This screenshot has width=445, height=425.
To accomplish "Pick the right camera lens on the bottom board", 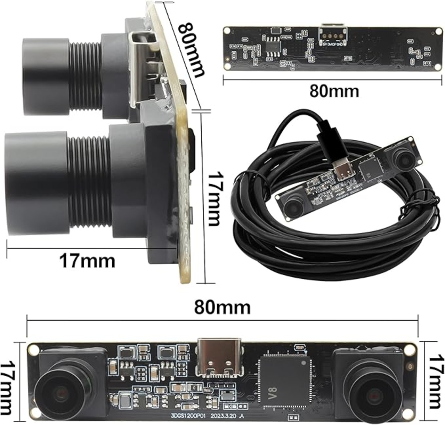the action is pos(370,393).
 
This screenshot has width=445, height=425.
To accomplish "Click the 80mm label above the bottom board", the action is pos(222,307).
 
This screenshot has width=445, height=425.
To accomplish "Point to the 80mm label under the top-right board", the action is pos(334,91).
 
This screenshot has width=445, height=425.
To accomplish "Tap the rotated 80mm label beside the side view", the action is pos(191,49).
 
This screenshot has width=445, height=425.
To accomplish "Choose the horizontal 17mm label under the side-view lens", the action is pos(87,260).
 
